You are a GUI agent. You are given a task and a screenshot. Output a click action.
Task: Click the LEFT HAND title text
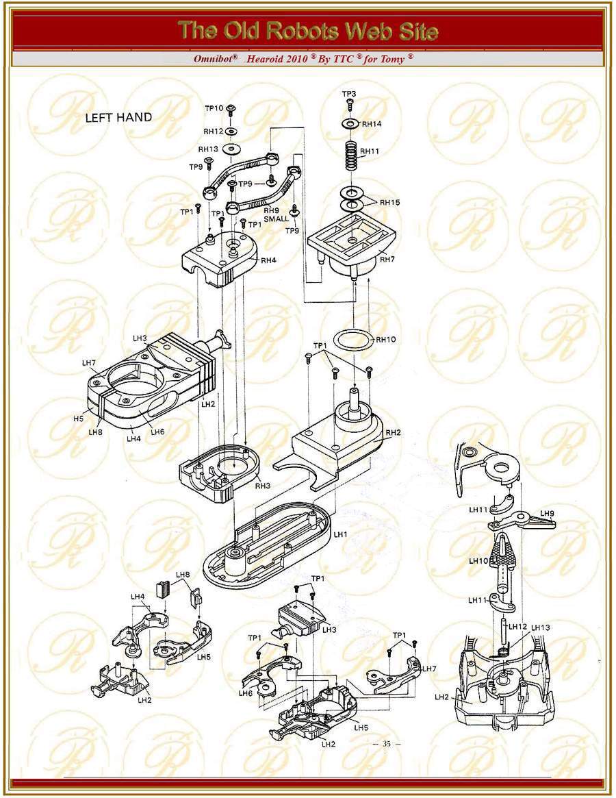click(118, 117)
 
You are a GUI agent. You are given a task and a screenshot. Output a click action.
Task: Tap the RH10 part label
click(386, 339)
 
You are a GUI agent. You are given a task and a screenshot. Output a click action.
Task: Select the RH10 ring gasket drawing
click(352, 338)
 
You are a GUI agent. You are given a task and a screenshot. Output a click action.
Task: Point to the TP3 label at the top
click(348, 93)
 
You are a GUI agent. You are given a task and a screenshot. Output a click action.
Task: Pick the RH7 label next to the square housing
click(387, 260)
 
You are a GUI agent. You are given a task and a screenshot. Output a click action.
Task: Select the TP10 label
click(214, 108)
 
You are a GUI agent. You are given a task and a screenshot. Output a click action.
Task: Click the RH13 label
click(208, 149)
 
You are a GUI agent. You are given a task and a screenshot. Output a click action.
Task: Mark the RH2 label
click(393, 432)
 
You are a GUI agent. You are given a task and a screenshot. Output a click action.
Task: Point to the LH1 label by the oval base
click(340, 533)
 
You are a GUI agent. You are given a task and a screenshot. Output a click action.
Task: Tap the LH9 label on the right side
click(547, 513)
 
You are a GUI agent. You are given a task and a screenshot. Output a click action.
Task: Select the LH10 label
click(478, 560)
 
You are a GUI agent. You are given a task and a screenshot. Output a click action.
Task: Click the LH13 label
click(540, 627)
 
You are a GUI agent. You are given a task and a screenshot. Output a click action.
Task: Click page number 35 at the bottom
click(387, 744)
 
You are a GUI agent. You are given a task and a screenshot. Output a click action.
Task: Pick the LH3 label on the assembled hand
click(140, 338)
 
